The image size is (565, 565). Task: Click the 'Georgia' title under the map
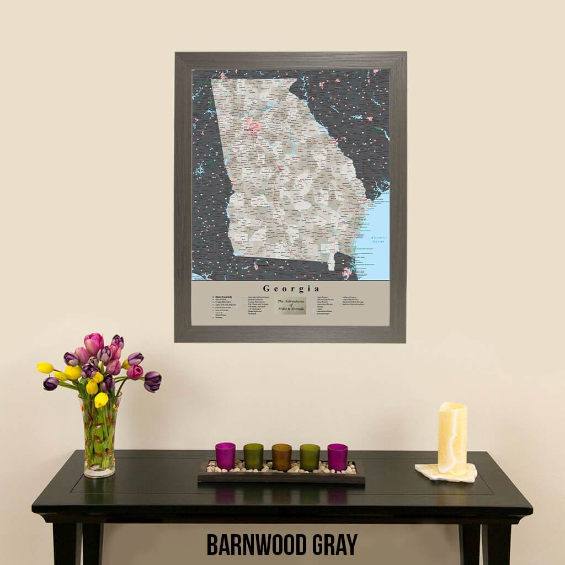coord(291,289)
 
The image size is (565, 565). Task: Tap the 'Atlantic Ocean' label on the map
coord(379,239)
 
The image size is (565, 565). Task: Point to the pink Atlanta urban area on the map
coord(254,127)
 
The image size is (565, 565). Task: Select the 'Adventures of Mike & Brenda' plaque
coord(291,305)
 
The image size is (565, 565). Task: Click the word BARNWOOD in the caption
coord(260,544)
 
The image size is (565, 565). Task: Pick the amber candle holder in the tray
coord(281,457)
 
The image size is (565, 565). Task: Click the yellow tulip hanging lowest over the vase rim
coord(101,399)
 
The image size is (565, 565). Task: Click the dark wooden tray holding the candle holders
coord(281,478)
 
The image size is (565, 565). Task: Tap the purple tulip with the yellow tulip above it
coord(51,383)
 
